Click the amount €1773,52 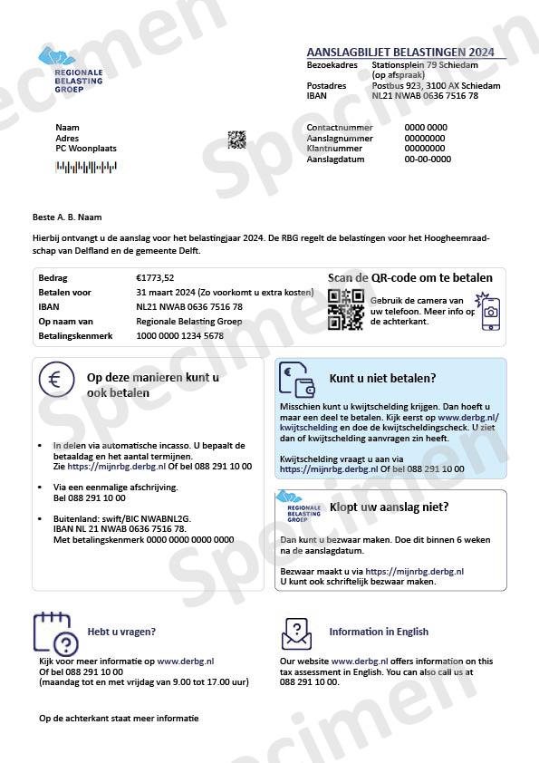(x=155, y=278)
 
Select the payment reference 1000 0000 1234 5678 (x=179, y=336)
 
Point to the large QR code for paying (x=345, y=309)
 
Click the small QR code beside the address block (x=236, y=140)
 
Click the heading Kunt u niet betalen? (x=382, y=378)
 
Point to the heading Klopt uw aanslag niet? (x=390, y=507)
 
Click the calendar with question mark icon (x=54, y=633)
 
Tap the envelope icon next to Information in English (x=296, y=633)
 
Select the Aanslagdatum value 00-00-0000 (x=428, y=159)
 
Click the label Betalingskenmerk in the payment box (x=75, y=336)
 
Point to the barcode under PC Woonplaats (x=86, y=167)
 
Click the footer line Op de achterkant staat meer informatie (x=118, y=719)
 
